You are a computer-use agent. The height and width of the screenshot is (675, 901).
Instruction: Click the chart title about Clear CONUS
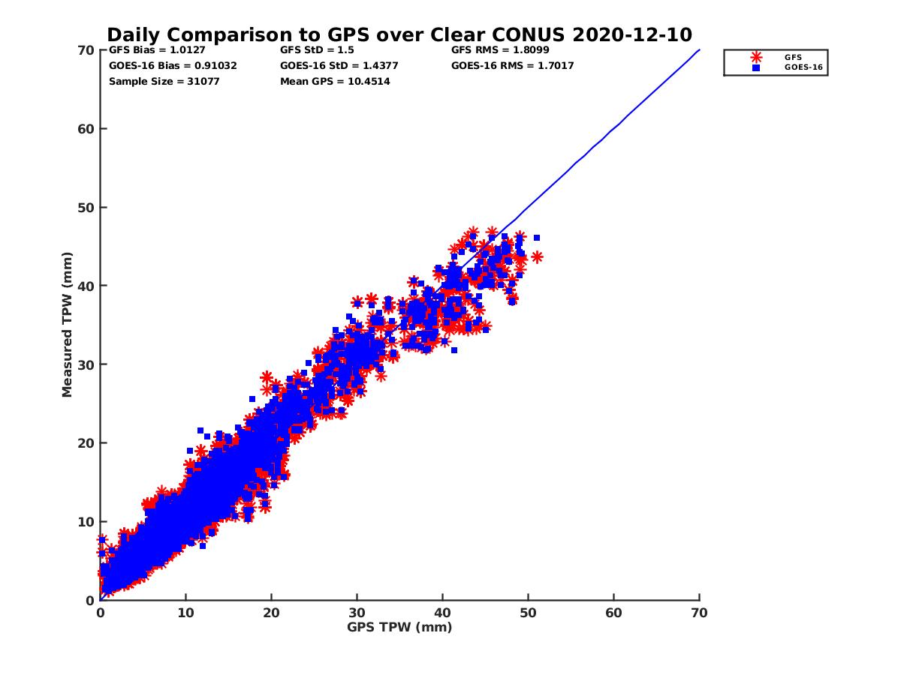(x=399, y=35)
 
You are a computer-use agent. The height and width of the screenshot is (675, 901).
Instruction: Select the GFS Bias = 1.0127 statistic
(x=157, y=51)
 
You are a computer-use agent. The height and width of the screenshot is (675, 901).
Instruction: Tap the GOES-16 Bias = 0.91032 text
(x=173, y=66)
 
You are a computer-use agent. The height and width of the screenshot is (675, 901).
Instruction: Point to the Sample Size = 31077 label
(x=164, y=81)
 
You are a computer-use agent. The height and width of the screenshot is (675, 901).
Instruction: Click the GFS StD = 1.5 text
(x=317, y=51)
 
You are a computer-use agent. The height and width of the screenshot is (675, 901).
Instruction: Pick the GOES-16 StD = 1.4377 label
(x=339, y=66)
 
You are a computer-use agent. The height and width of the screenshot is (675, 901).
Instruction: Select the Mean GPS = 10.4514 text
(x=335, y=81)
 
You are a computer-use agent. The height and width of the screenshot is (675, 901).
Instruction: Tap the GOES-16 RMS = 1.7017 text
(x=512, y=66)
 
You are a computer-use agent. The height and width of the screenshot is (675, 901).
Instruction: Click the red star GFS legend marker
(x=756, y=57)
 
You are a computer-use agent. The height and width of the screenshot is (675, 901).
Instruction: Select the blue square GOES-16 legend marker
(x=756, y=67)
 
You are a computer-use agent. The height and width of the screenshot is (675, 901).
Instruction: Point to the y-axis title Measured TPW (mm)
(x=68, y=325)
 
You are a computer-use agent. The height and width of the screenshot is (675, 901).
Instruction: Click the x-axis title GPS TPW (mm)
(x=399, y=627)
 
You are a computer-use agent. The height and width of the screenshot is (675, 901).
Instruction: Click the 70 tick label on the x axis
(x=699, y=613)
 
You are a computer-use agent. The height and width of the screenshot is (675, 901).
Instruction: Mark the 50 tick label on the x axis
(x=528, y=613)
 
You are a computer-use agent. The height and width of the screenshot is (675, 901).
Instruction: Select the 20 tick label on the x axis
(x=271, y=613)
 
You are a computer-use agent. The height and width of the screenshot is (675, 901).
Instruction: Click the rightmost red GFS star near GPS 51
(x=537, y=256)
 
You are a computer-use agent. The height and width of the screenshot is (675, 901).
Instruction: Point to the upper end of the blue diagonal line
(x=699, y=50)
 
